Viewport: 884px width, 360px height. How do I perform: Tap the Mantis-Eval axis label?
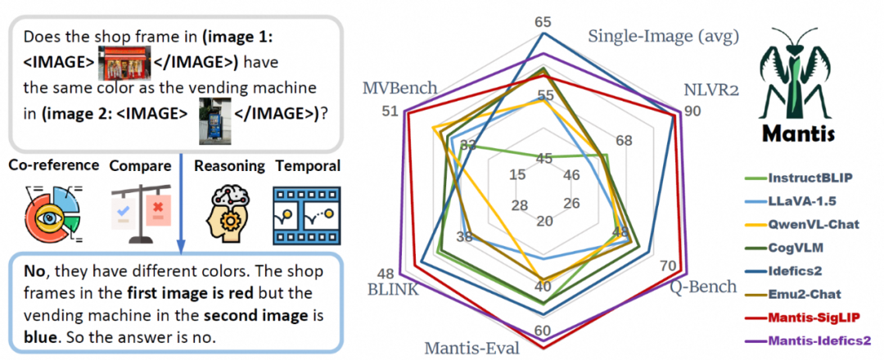pyautogui.click(x=471, y=347)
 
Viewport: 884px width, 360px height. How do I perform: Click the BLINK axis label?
pyautogui.click(x=392, y=290)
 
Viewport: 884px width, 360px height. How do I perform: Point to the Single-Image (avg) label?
pyautogui.click(x=664, y=36)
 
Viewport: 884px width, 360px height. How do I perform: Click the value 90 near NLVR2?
pyautogui.click(x=692, y=111)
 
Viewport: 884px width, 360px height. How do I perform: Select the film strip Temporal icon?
pyautogui.click(x=307, y=217)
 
